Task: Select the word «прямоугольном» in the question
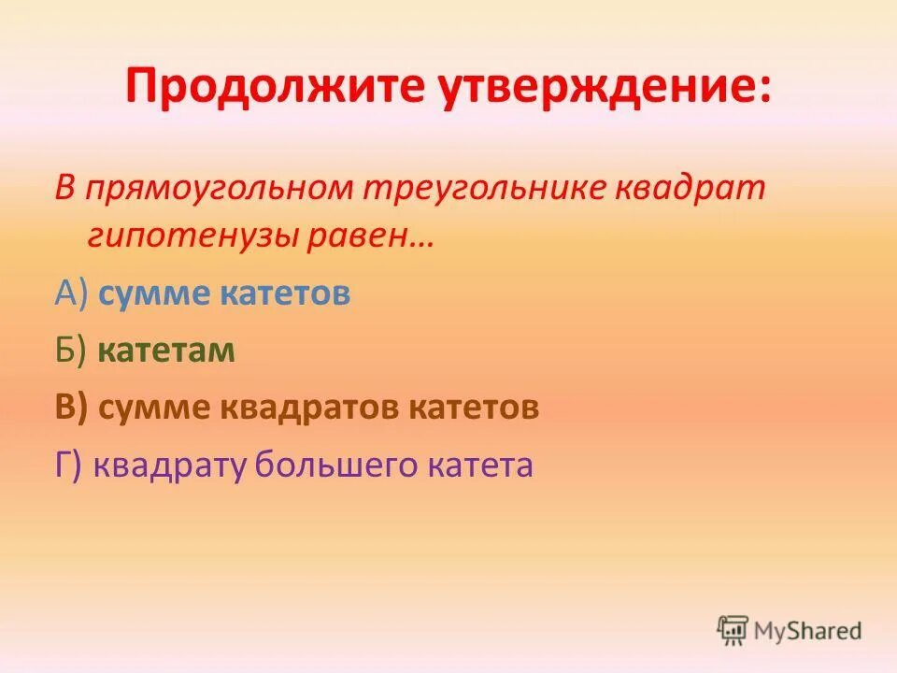click(x=212, y=188)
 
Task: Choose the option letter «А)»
click(x=71, y=294)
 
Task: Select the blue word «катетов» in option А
click(x=286, y=294)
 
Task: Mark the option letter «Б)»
click(x=71, y=351)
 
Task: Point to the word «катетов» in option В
click(x=474, y=408)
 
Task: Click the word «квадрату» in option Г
click(x=170, y=465)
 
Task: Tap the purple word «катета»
click(x=481, y=465)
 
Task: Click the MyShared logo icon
click(x=733, y=631)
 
